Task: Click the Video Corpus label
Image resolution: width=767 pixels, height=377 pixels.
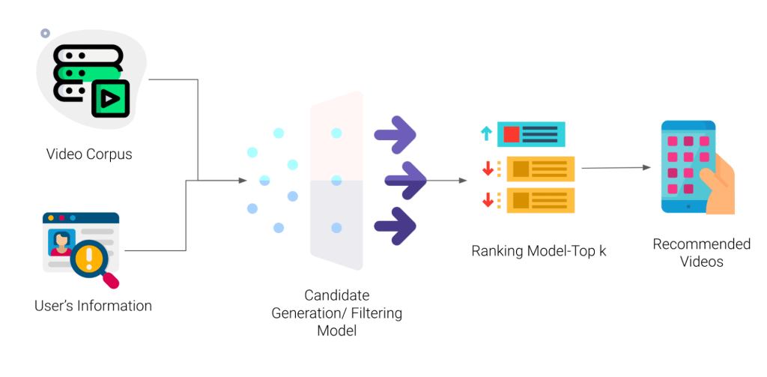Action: point(89,154)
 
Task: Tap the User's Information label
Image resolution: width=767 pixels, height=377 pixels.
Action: point(93,306)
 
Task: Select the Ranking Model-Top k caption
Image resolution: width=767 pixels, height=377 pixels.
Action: point(539,251)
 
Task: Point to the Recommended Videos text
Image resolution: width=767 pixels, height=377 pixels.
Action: point(701,253)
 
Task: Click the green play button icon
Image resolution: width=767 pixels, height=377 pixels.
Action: point(111,98)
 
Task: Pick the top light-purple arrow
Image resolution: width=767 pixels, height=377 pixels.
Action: point(395,133)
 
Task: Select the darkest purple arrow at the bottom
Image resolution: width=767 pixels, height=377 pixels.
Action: point(395,224)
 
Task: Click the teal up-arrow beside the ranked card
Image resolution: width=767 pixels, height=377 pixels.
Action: point(486,133)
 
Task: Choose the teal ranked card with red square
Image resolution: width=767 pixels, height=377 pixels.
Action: point(531,134)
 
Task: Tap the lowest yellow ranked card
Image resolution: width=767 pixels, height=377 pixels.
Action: point(540,200)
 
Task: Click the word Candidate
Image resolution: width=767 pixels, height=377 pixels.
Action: point(336,295)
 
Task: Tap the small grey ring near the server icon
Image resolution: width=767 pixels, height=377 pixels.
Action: point(45,34)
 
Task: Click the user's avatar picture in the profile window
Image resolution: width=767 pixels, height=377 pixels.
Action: point(61,242)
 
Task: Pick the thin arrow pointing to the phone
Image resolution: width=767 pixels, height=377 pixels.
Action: point(615,167)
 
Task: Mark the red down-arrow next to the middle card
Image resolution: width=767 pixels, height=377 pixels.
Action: point(488,169)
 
